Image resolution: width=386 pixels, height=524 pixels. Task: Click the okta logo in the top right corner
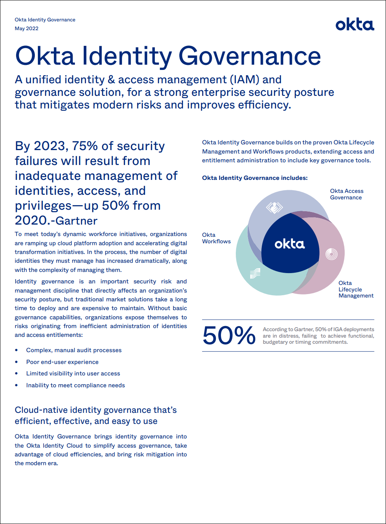coord(355,25)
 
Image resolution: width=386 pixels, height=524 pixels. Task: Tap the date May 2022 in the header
coord(26,29)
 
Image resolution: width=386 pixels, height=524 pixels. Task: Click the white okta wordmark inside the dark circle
coord(290,244)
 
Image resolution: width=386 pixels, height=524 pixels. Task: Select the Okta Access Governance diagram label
coord(347,194)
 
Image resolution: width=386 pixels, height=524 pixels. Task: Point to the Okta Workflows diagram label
coord(216,238)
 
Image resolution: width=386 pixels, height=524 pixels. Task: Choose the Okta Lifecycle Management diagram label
coord(356,289)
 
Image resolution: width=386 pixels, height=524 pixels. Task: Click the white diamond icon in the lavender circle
coord(274,207)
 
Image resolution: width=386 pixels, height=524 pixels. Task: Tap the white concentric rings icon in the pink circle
coord(331,254)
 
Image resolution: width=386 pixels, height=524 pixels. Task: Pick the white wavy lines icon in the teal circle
coord(255,273)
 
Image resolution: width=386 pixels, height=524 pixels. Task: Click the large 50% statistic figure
coord(229,335)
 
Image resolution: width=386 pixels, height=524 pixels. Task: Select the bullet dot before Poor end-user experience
coord(16,362)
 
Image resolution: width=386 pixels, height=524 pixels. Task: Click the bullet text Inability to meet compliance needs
coord(75,385)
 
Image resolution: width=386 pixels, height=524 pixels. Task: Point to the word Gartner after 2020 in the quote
coord(76,221)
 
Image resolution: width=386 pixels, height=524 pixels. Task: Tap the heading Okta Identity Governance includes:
coord(255,178)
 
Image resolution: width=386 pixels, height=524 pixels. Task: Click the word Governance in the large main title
coord(250,57)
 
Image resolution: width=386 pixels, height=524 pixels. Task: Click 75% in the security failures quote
coord(84,146)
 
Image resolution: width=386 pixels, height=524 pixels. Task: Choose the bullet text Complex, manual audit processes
coord(74,350)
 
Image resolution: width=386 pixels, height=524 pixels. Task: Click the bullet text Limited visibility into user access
coord(73,374)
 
